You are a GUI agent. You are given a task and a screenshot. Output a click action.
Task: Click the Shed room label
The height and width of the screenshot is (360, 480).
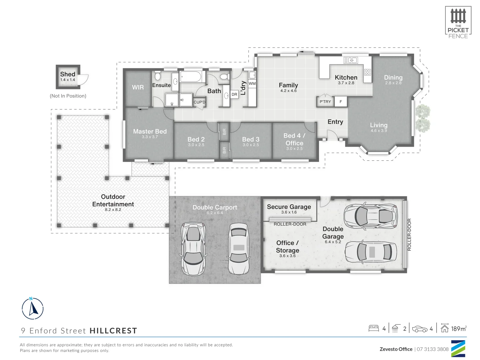[x=68, y=74]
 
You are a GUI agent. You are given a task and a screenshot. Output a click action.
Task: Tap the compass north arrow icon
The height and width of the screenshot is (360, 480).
[x=33, y=308]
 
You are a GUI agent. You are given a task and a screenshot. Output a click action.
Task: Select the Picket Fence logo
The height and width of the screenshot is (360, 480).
[x=458, y=22]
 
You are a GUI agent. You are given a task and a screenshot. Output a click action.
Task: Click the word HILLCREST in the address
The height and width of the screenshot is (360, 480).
[x=113, y=331]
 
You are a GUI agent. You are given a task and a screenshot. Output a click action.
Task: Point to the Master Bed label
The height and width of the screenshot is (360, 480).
[x=150, y=132]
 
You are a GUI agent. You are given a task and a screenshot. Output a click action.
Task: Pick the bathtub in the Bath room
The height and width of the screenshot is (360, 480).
[x=191, y=77]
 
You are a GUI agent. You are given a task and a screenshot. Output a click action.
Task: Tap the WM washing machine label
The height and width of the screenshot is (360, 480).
[x=252, y=84]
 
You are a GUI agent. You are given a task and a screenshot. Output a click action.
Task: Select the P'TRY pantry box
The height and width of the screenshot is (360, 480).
[x=325, y=102]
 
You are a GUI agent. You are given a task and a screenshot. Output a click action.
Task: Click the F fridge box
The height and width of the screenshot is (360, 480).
[x=341, y=102]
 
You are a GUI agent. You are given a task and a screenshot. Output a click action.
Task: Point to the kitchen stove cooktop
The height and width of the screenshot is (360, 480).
[x=367, y=72]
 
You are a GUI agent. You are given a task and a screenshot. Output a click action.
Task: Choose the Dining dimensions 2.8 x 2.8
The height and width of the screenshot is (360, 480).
[x=393, y=83]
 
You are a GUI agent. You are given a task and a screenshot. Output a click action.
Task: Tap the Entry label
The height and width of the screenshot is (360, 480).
[x=335, y=122]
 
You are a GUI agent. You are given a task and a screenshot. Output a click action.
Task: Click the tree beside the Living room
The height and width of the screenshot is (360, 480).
[x=422, y=118]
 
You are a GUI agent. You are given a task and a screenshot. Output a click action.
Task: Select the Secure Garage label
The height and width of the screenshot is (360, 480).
[x=289, y=207]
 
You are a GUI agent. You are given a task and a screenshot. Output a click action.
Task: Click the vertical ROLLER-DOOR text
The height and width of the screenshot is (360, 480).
[x=409, y=235]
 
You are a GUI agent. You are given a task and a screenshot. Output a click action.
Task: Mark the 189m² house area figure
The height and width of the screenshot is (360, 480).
[x=459, y=329]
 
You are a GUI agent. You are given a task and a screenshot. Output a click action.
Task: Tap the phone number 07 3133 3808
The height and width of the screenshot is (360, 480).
[x=433, y=349]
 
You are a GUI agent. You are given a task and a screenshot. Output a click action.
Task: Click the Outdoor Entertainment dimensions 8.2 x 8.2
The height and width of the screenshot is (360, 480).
[x=113, y=210]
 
